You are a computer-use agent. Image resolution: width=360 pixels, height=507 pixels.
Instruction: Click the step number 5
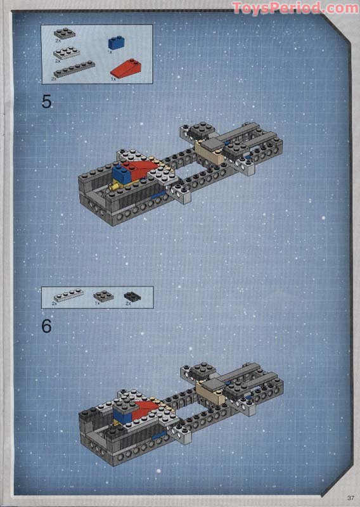coord(47,101)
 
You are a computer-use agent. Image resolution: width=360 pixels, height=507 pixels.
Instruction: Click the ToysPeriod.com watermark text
coord(295,8)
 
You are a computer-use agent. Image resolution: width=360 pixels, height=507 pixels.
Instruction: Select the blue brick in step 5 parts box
coord(115,42)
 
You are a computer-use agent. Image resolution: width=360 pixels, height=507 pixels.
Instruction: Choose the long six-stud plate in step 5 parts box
coord(75,68)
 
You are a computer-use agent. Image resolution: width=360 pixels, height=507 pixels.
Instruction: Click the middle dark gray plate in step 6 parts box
coord(103,295)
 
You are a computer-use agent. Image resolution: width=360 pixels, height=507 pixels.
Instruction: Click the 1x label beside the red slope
coord(113,79)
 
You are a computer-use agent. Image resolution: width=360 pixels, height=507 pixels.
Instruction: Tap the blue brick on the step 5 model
coord(120,172)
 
